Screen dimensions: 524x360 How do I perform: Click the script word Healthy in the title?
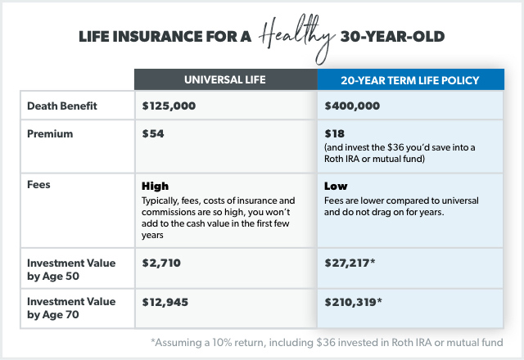coord(296,38)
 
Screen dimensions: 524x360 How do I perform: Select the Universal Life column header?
coord(225,80)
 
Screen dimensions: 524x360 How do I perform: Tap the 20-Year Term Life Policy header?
coord(410,80)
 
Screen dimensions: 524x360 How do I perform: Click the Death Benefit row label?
coord(62,106)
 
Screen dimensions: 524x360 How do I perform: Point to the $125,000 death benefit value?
coord(169,106)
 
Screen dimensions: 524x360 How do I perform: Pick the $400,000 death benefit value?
coord(352,106)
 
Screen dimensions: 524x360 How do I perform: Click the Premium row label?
coord(50,134)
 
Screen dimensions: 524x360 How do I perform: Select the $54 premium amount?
coord(153,134)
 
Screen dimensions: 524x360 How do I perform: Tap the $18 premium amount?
coord(334,134)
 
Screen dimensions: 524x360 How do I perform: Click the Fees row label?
coord(38,185)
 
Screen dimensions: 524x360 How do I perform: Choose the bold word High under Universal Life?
coord(155,187)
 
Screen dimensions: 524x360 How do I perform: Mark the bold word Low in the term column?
coord(336,186)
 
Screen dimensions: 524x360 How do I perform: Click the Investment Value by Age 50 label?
coord(71,269)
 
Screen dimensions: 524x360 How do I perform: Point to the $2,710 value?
coord(161,263)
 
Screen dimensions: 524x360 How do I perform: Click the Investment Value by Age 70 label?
coord(71,308)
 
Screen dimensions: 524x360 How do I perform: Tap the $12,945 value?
coord(165,302)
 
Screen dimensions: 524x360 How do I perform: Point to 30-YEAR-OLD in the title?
coord(392,37)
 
